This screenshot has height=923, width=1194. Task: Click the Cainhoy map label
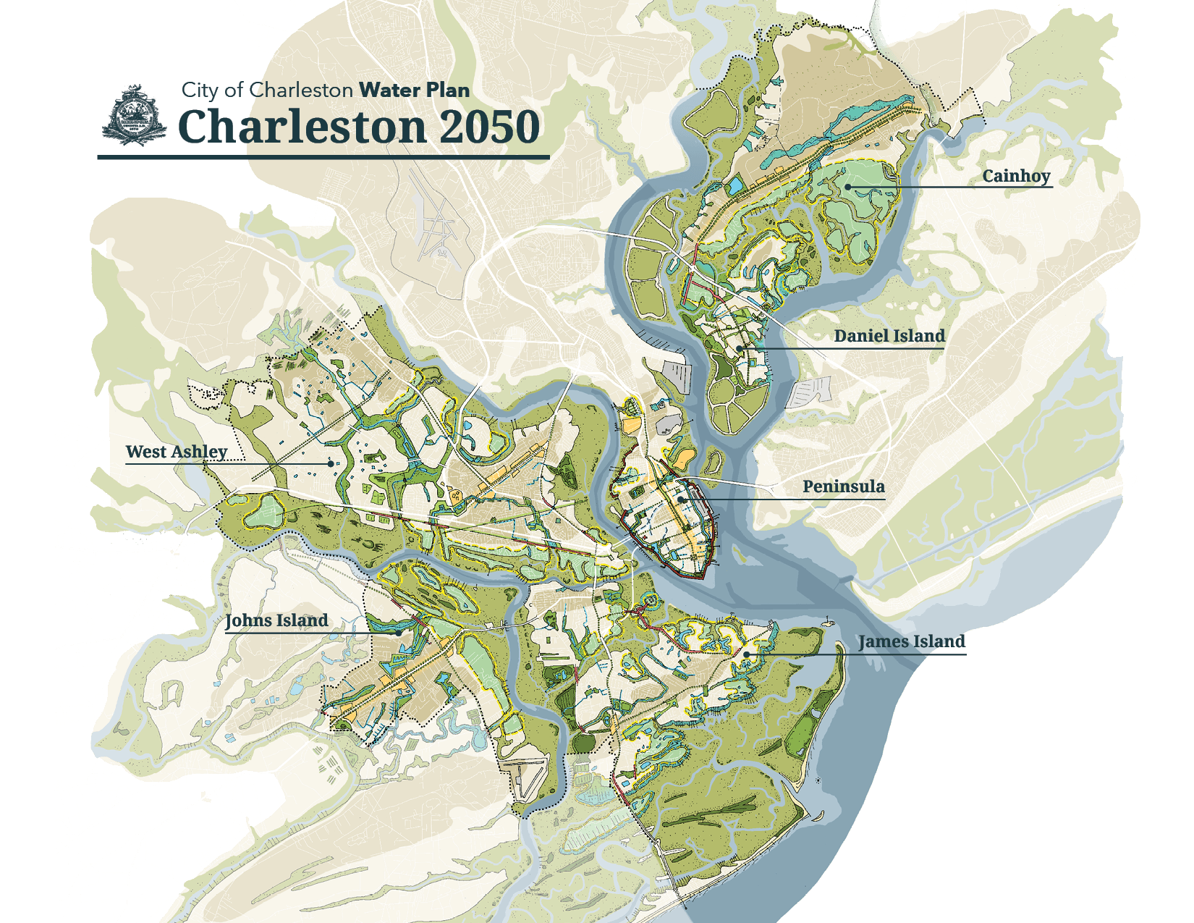1016,176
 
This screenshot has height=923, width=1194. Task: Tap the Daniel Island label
889,336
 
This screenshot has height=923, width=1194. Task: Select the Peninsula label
843,486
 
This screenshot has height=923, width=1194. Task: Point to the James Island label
912,641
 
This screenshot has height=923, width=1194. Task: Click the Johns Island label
276,620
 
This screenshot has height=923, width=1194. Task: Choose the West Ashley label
177,452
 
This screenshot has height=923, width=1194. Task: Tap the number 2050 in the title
489,127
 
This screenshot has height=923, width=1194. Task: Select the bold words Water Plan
415,90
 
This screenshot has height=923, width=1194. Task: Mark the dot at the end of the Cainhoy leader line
847,187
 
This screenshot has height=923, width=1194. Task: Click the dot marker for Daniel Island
740,348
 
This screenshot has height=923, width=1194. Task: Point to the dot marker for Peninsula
682,500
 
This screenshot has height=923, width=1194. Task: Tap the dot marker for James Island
746,654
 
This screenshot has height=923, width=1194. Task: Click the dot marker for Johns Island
399,632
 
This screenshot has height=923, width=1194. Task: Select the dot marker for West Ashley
331,463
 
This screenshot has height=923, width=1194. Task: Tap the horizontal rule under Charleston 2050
323,156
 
